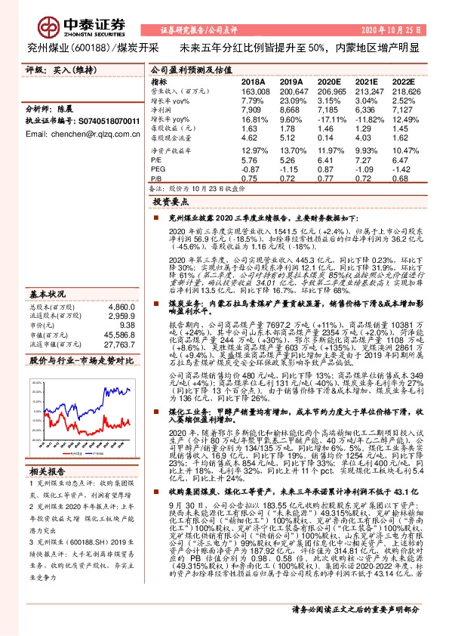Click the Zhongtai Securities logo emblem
point(38,23)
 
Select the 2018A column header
point(254,82)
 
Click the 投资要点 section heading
point(169,203)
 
